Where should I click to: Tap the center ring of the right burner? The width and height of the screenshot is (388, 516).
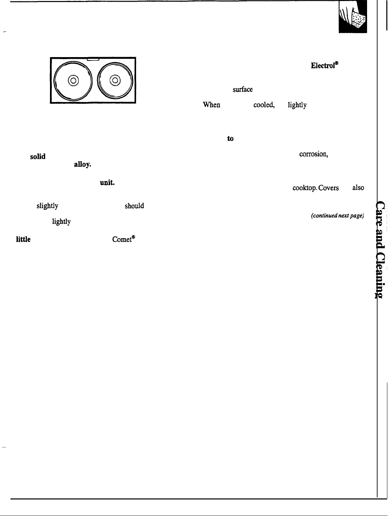[x=115, y=80]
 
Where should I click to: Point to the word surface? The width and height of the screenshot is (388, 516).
[x=242, y=90]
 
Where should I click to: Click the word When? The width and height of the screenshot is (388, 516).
[x=211, y=105]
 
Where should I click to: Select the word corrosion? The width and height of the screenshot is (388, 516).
[x=313, y=154]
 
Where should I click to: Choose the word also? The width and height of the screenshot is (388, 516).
[x=358, y=188]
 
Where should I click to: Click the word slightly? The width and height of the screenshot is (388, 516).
[x=47, y=206]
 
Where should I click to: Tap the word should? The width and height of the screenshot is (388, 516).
[x=134, y=206]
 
